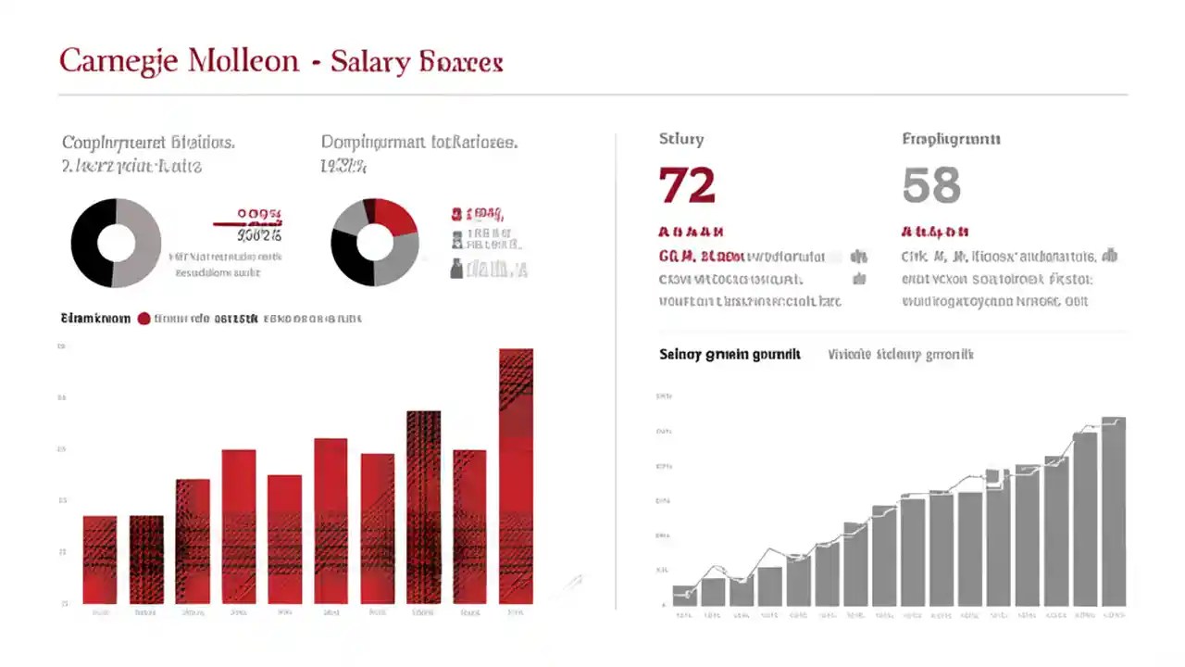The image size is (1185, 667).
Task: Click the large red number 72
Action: pyautogui.click(x=687, y=185)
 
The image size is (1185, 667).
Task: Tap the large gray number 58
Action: pyautogui.click(x=931, y=185)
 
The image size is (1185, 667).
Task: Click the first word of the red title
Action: pyautogui.click(x=117, y=62)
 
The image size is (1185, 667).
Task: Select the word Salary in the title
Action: pyautogui.click(x=370, y=62)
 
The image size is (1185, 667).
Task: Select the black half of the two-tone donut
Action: pyautogui.click(x=91, y=243)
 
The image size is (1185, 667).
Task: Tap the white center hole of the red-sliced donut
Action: pyautogui.click(x=375, y=242)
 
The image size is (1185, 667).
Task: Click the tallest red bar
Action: pyautogui.click(x=516, y=476)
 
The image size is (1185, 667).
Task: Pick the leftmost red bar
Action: pyautogui.click(x=100, y=560)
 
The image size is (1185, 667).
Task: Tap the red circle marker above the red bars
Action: pyautogui.click(x=143, y=319)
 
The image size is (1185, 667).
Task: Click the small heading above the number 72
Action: pyautogui.click(x=681, y=140)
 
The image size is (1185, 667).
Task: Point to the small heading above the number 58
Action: pyautogui.click(x=951, y=140)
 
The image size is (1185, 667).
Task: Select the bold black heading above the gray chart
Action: pyautogui.click(x=730, y=355)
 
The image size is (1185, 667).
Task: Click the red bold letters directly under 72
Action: pyautogui.click(x=690, y=232)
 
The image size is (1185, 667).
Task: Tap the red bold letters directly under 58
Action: pyautogui.click(x=934, y=232)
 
